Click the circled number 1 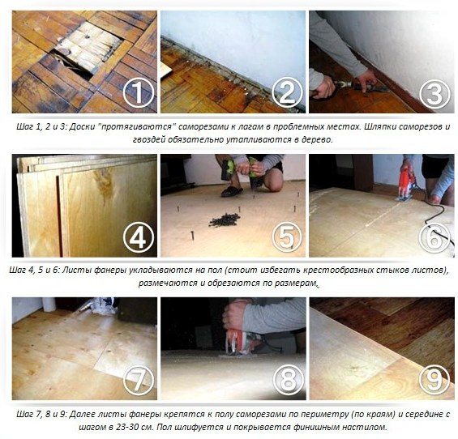[138, 93]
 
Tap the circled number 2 [287, 93]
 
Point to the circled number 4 [138, 237]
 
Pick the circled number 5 [287, 237]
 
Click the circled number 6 [434, 237]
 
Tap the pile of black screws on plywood [225, 219]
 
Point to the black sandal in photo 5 [232, 191]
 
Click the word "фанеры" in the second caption [109, 271]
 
